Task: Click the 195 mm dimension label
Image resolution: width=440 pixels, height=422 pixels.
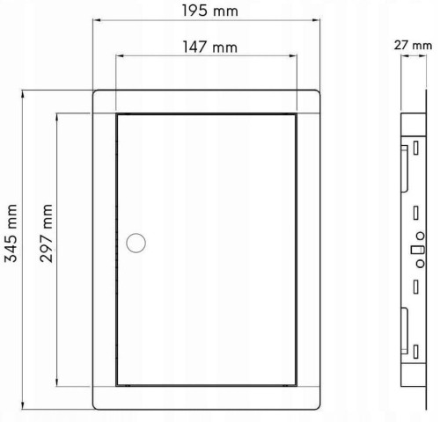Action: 210,11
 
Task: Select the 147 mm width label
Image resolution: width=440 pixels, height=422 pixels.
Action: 210,47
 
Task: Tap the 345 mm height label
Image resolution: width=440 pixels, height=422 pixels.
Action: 11,233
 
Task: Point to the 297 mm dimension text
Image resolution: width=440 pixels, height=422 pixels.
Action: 46,233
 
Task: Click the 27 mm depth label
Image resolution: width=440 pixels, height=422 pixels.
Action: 413,46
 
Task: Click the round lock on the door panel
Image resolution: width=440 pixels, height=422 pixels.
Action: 136,243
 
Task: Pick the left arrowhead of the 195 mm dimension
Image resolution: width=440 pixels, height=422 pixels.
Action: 97,20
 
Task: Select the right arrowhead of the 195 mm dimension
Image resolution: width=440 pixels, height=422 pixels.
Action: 316,20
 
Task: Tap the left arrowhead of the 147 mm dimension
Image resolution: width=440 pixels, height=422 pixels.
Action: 120,55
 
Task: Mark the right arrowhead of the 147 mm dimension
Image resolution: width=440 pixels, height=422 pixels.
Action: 293,55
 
